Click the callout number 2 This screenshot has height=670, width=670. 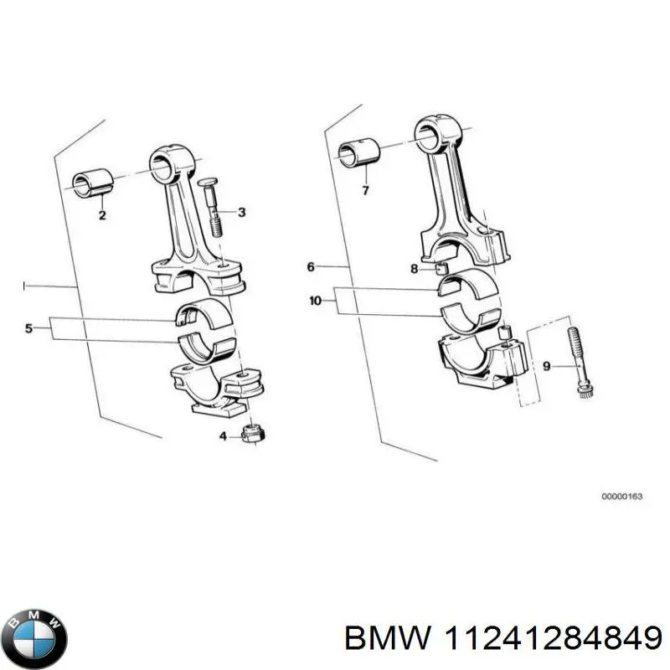coord(101,215)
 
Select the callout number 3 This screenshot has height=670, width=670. coord(241,213)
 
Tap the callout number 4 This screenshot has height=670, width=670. coord(223,435)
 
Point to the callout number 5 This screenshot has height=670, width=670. coord(28,329)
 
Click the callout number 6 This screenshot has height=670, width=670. coord(310,267)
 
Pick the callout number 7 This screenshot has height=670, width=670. coord(364,191)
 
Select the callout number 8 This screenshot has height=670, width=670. coord(414,269)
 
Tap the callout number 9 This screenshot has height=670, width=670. coord(547,365)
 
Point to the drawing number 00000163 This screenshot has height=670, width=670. coord(621,497)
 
